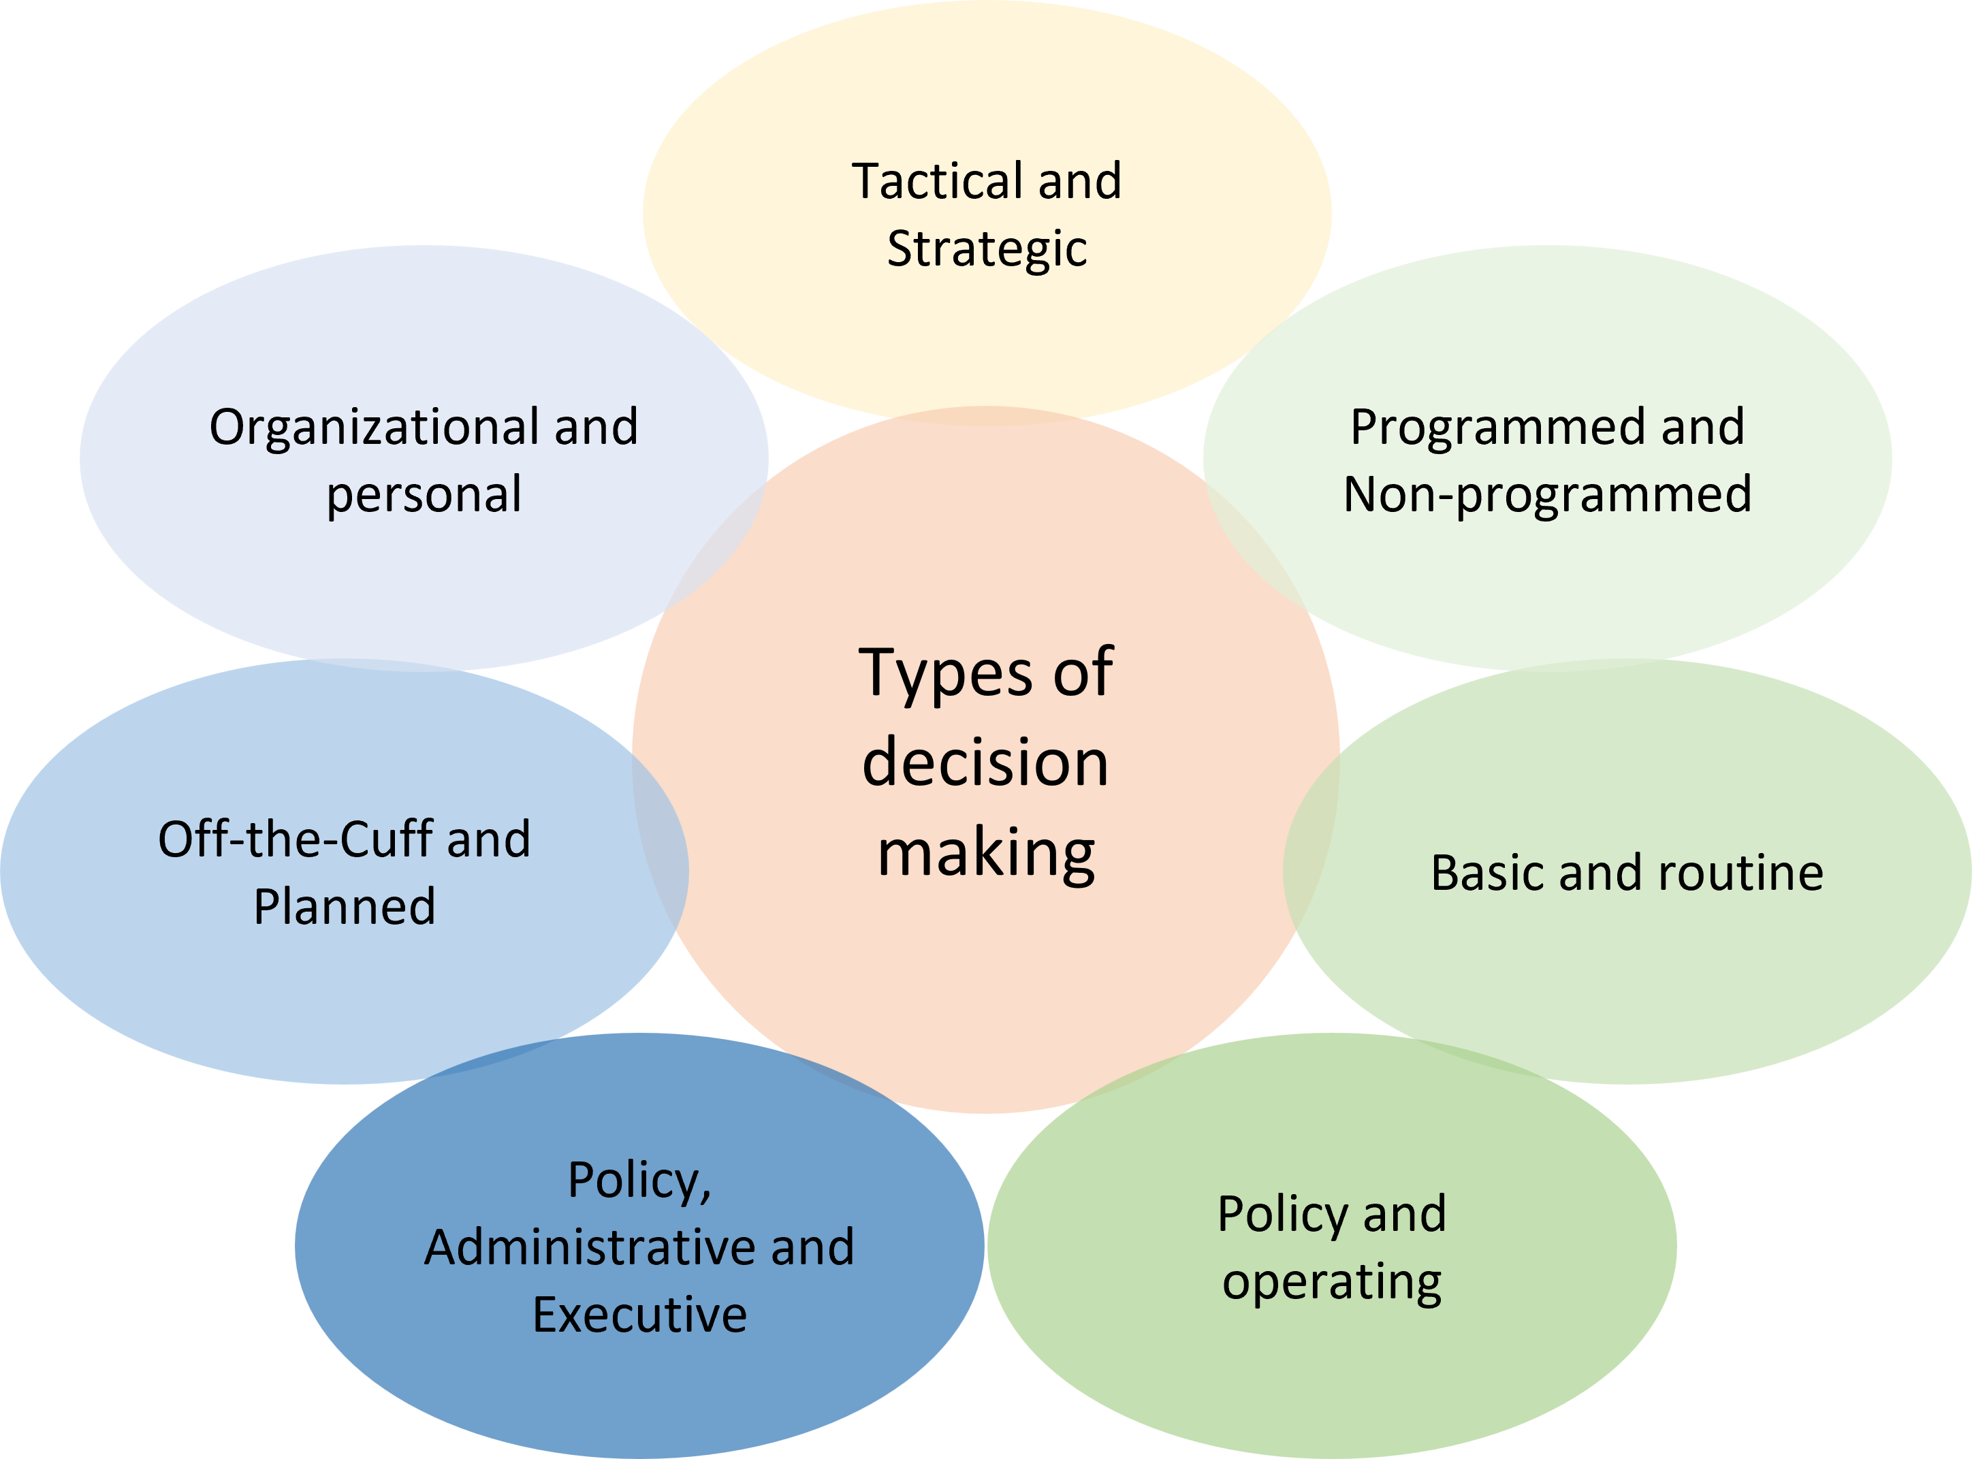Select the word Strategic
tap(987, 249)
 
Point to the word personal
tap(424, 494)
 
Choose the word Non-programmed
tap(1547, 494)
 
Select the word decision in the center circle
tap(985, 763)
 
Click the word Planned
tap(345, 907)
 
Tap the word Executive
tap(639, 1315)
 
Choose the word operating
tap(1332, 1283)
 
